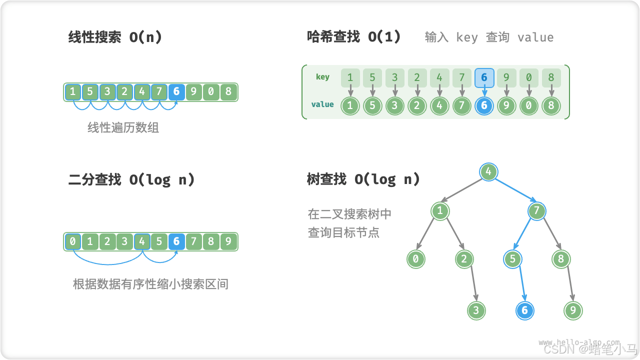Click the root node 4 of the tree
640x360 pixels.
[x=488, y=172]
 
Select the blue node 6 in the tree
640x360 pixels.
[x=524, y=310]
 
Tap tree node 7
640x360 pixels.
[x=536, y=210]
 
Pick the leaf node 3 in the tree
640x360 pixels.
[x=476, y=310]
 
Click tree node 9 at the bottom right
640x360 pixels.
[x=573, y=310]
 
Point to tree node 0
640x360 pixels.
[x=415, y=259]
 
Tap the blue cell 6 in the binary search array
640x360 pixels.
[x=176, y=242]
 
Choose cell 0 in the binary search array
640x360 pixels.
[x=73, y=242]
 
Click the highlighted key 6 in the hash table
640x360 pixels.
[x=484, y=77]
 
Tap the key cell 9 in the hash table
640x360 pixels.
[x=506, y=77]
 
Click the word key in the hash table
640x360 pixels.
[x=322, y=77]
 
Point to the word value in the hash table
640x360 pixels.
[x=322, y=104]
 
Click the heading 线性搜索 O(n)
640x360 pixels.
[x=115, y=37]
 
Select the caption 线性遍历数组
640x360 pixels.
[x=123, y=128]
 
